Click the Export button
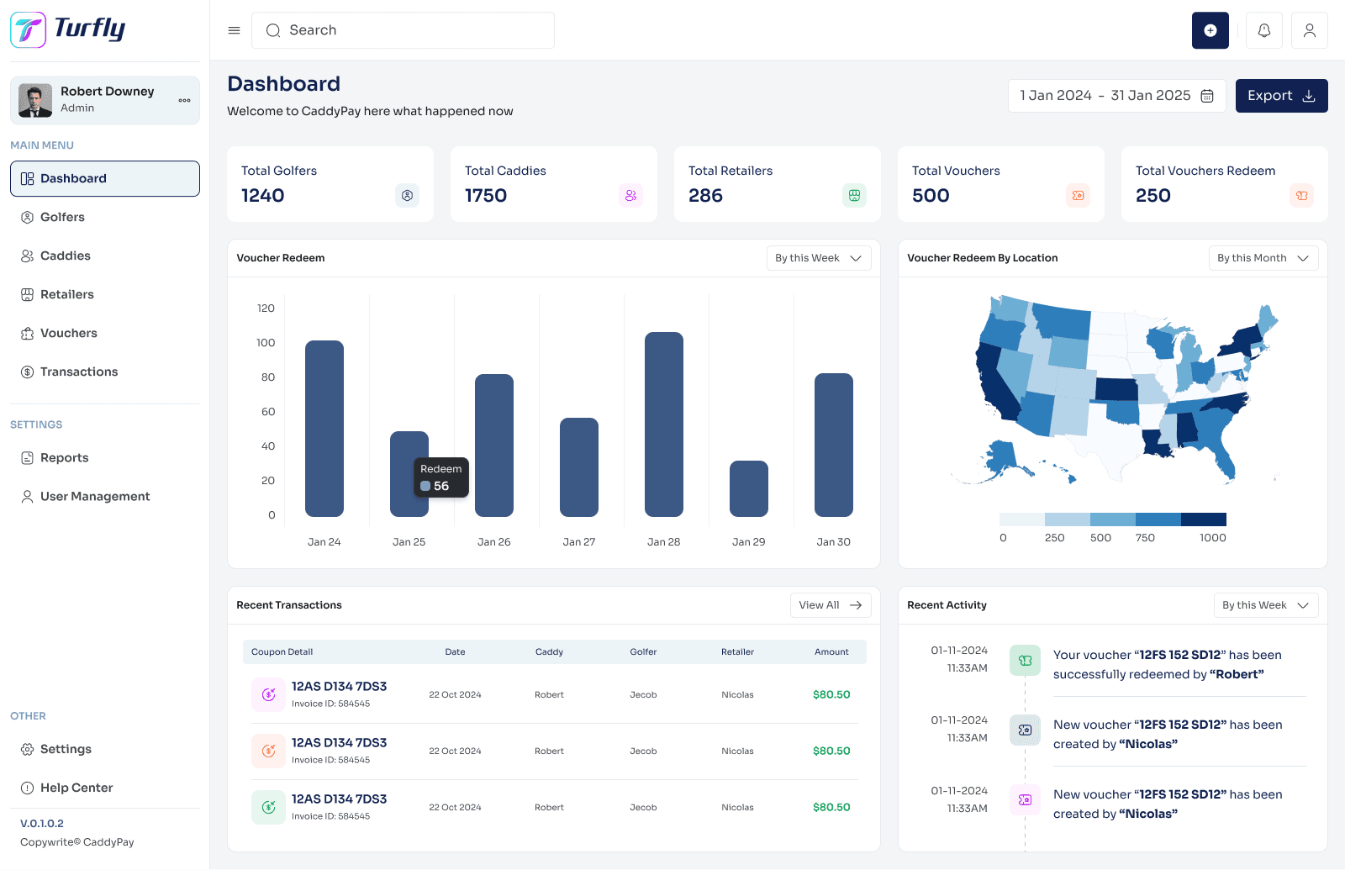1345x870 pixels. tap(1281, 96)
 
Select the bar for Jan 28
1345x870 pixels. tap(664, 424)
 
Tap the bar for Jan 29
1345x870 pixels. tap(749, 488)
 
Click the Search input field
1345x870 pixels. tap(403, 30)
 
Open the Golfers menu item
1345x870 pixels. tap(62, 217)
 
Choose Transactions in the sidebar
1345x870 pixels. tap(79, 372)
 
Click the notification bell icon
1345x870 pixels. tap(1264, 30)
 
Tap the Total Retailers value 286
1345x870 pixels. tap(705, 196)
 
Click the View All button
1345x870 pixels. tap(831, 605)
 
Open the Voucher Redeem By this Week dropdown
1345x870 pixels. tap(819, 258)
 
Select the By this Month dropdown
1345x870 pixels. tap(1263, 258)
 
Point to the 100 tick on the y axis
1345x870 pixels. tap(266, 343)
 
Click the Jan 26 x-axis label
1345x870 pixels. tap(494, 542)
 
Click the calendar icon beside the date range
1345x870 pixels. tap(1207, 96)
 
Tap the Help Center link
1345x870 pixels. tap(76, 788)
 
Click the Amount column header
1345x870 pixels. tap(831, 652)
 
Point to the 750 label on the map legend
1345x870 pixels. tap(1145, 538)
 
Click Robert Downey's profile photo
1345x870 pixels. tap(35, 101)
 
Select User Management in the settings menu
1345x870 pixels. tap(95, 497)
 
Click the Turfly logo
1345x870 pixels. tap(69, 29)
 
